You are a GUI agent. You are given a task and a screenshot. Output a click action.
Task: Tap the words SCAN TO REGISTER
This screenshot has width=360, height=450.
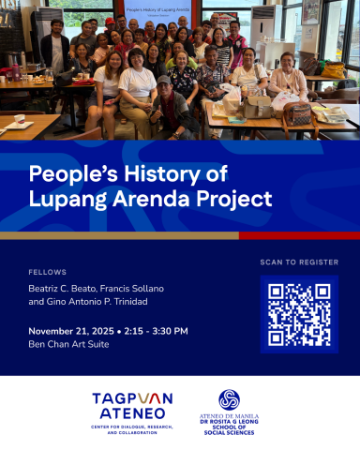click(299, 262)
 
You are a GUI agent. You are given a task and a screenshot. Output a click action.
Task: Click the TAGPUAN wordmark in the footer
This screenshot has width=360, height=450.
click(132, 397)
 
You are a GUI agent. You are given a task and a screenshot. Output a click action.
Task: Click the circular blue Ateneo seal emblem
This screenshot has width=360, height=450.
click(230, 399)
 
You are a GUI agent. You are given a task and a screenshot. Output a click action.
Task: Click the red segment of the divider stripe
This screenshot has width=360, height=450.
click(299, 235)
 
